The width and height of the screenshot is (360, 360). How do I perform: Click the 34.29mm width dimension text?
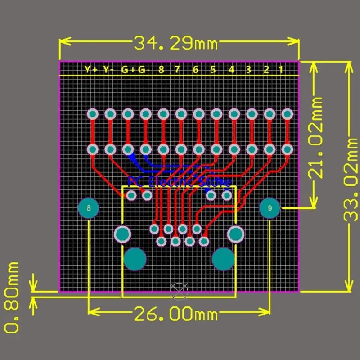click(x=175, y=44)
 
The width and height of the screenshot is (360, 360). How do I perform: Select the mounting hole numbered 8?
click(x=89, y=208)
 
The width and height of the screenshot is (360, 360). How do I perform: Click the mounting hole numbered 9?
click(x=270, y=208)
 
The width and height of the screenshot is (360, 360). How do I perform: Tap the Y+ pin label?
click(x=91, y=70)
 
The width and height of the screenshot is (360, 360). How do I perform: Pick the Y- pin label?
click(x=108, y=70)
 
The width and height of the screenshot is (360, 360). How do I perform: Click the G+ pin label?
click(x=128, y=70)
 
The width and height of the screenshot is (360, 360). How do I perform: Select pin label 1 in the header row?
click(x=281, y=70)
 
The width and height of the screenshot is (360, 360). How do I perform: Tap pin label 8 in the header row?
click(x=161, y=70)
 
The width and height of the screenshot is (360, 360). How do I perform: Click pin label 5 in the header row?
click(x=213, y=70)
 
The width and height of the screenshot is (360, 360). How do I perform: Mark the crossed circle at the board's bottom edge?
click(x=179, y=290)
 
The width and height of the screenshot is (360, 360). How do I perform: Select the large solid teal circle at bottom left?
click(x=135, y=259)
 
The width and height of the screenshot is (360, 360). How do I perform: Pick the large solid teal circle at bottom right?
click(x=223, y=259)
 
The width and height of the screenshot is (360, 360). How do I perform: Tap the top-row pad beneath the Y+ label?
click(x=93, y=114)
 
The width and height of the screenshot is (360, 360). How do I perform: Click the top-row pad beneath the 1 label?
click(x=287, y=114)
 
